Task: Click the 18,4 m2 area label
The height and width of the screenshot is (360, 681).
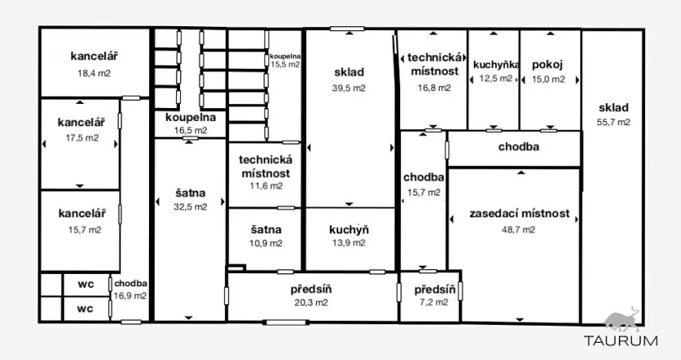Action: [94, 73]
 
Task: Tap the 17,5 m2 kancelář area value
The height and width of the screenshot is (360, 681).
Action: [79, 137]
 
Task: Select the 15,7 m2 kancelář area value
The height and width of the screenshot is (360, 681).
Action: [79, 230]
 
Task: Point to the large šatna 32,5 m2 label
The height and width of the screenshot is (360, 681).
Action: [189, 200]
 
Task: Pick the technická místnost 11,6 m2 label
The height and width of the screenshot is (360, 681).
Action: [265, 173]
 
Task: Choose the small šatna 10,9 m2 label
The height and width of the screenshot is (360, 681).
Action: [266, 236]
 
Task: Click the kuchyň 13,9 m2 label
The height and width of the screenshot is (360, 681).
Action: [349, 236]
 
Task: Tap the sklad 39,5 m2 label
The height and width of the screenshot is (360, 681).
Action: [349, 79]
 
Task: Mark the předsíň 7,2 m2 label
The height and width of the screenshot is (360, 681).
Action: [431, 295]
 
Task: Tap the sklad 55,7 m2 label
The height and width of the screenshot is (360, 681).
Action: [614, 115]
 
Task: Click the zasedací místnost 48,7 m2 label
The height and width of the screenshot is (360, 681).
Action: [520, 221]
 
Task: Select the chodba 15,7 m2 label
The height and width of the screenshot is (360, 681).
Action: [423, 184]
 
